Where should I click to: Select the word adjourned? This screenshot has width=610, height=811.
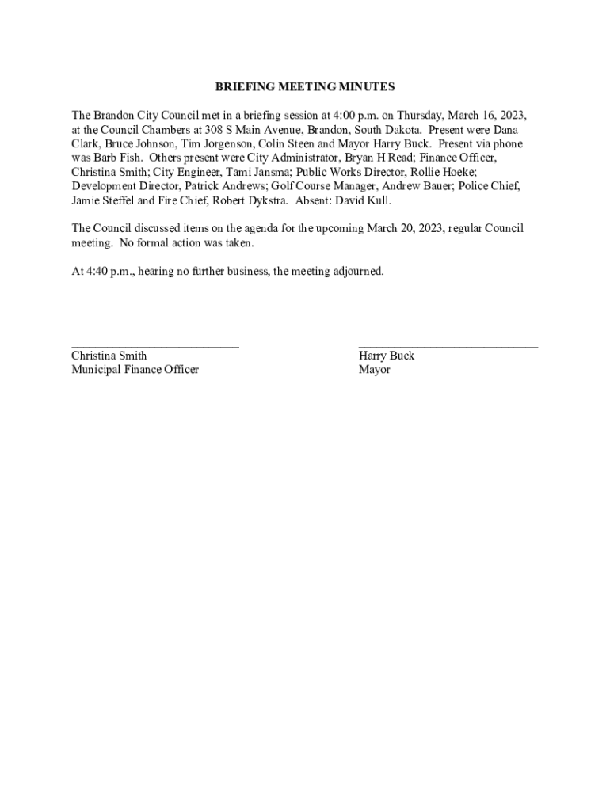pyautogui.click(x=358, y=272)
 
